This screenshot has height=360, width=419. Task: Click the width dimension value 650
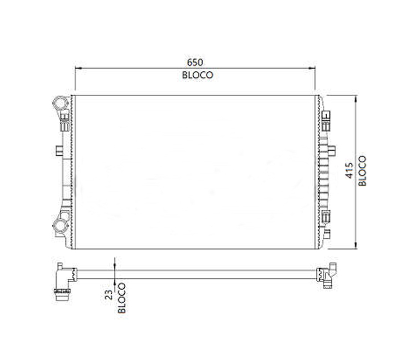point(195,62)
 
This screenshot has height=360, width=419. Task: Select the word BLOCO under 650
point(198,75)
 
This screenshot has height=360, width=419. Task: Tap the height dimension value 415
point(349,171)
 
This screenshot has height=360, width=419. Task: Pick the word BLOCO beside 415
point(362,171)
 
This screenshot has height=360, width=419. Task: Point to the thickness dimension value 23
point(109,295)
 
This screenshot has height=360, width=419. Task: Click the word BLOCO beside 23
point(122,298)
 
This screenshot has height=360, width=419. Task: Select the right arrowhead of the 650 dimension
point(312,68)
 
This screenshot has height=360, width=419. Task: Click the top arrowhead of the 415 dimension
point(356,99)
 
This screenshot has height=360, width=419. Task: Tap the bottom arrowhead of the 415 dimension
point(356,245)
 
